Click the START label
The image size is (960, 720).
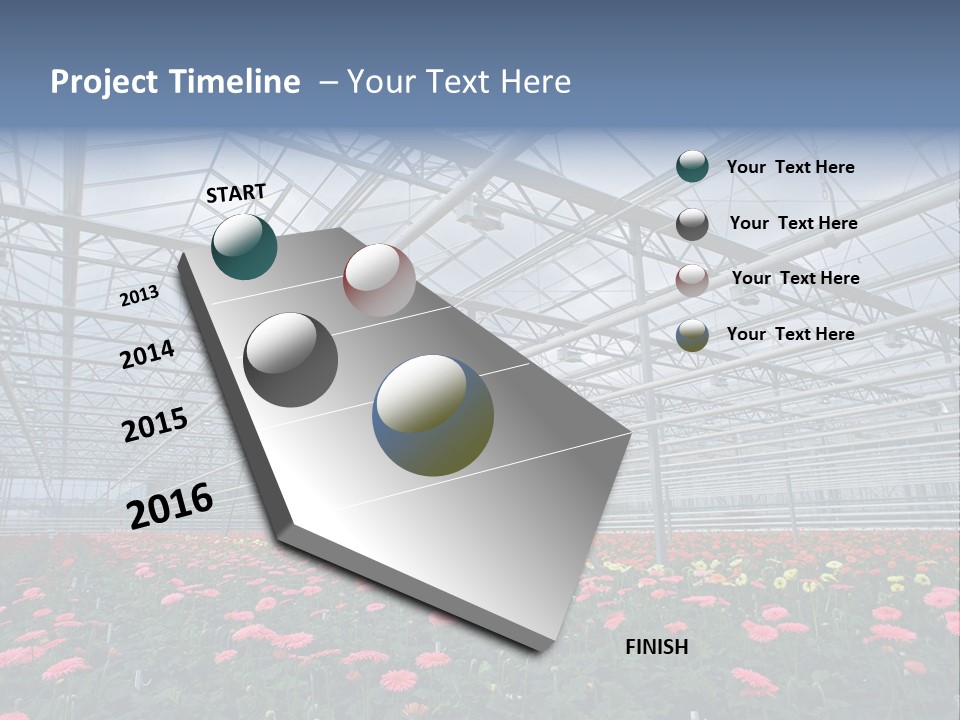tap(236, 193)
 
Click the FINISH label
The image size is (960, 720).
tap(657, 647)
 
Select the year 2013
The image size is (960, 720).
tap(139, 296)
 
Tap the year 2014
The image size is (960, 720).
tap(148, 355)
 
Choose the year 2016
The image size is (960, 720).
tap(170, 505)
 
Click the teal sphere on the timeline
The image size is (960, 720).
tap(244, 247)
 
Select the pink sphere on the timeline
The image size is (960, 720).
tap(379, 279)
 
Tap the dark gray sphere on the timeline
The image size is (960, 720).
tap(291, 360)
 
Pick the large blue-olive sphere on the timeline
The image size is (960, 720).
tap(433, 415)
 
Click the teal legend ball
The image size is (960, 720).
tap(692, 166)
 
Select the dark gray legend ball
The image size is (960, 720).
tap(692, 224)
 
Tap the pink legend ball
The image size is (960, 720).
tap(692, 280)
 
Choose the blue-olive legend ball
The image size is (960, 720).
tap(692, 336)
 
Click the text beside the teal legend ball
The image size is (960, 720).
tap(790, 167)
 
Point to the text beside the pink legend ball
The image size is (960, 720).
tap(795, 278)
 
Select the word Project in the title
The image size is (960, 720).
tap(102, 82)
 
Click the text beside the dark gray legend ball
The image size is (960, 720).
tap(793, 223)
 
